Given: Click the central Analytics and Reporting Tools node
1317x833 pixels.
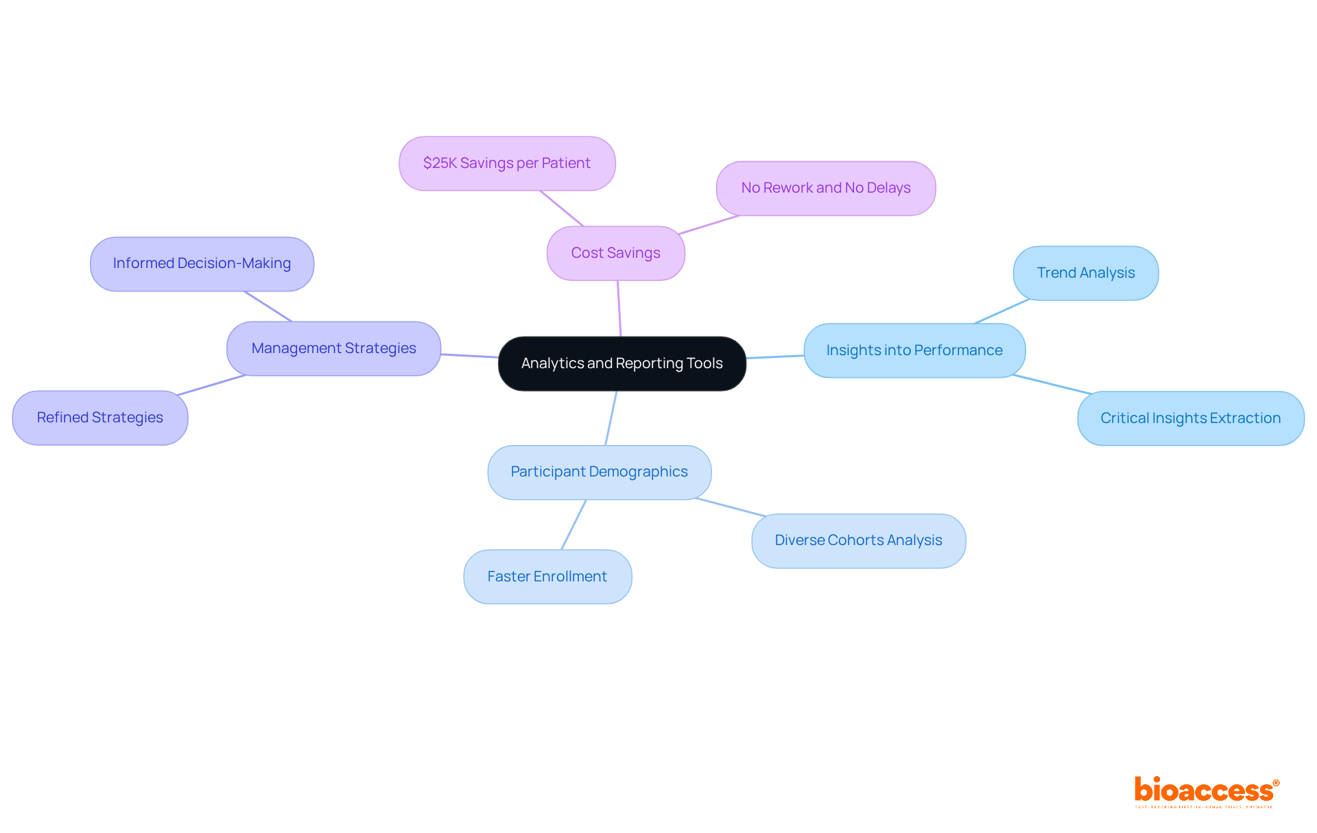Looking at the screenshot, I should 621,363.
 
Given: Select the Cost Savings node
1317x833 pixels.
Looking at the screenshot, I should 615,253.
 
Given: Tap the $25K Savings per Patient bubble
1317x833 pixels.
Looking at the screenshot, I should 506,163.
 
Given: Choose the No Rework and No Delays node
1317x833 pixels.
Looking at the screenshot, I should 825,188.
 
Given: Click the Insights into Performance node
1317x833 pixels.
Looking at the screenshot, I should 914,350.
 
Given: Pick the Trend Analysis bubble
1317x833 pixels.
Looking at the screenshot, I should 1085,273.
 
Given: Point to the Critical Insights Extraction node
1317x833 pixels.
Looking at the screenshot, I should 1190,418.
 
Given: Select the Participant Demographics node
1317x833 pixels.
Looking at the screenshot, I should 599,472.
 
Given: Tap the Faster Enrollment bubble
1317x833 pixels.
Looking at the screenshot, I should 547,577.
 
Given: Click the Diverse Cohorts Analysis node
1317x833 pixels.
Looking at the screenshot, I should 858,540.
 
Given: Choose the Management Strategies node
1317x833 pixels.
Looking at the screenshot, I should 333,348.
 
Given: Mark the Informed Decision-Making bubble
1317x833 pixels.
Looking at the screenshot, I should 202,263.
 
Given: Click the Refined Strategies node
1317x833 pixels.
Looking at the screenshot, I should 99,418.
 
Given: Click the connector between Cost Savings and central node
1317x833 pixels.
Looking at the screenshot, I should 619,309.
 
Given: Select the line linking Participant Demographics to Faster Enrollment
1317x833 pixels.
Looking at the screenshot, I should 573,524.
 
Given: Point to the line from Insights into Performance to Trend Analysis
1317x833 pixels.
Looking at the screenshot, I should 1001,311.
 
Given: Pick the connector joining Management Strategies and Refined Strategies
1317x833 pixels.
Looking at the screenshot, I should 211,385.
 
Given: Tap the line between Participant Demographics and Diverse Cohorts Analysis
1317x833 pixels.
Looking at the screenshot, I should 731,507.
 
